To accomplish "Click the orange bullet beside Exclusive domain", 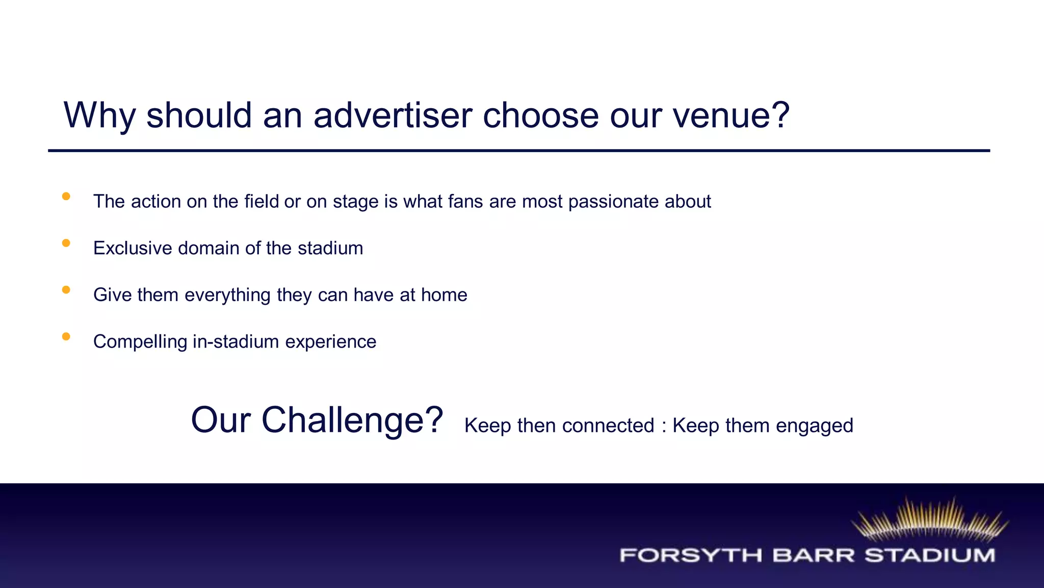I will [x=66, y=243].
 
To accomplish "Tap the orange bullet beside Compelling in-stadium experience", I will [x=66, y=336].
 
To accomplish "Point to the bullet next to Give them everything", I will [x=66, y=290].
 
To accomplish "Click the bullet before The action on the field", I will [x=66, y=197].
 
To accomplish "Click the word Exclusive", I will [x=133, y=248].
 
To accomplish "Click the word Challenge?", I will [x=352, y=420].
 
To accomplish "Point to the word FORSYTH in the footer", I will [x=691, y=555].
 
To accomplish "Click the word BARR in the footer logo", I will [x=813, y=555].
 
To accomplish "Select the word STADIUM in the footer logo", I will [x=930, y=555].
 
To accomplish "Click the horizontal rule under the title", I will [x=519, y=151].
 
